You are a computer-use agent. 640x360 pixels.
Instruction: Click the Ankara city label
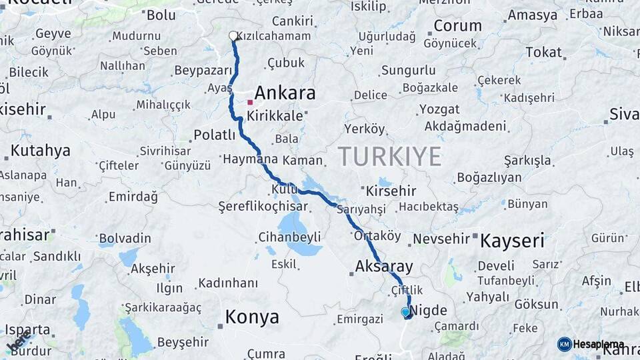pyautogui.click(x=285, y=93)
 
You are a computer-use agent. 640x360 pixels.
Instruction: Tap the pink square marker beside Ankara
pyautogui.click(x=250, y=102)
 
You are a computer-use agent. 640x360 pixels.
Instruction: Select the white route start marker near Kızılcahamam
pyautogui.click(x=233, y=36)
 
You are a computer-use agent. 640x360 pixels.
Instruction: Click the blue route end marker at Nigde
pyautogui.click(x=405, y=311)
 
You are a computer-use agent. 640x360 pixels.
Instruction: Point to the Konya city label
pyautogui.click(x=252, y=317)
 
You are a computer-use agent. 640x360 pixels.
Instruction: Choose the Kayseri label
pyautogui.click(x=512, y=241)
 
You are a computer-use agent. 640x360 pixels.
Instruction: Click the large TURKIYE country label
pyautogui.click(x=389, y=156)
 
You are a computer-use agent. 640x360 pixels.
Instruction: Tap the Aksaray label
pyautogui.click(x=384, y=266)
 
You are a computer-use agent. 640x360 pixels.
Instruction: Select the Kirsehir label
pyautogui.click(x=391, y=191)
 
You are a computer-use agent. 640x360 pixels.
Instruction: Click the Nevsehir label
pyautogui.click(x=442, y=238)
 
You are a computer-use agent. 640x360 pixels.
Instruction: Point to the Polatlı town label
pyautogui.click(x=214, y=135)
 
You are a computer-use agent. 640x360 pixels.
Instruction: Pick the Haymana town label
pyautogui.click(x=250, y=160)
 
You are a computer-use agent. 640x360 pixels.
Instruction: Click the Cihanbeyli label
pyautogui.click(x=289, y=237)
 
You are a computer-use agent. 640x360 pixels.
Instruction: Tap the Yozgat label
pyautogui.click(x=439, y=109)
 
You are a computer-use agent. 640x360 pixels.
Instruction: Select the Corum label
pyautogui.click(x=457, y=26)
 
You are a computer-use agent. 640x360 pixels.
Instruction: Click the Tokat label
pyautogui.click(x=543, y=52)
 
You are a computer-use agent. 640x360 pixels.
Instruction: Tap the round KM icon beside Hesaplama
pyautogui.click(x=564, y=344)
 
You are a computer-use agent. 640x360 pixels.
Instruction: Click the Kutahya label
pyautogui.click(x=40, y=151)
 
